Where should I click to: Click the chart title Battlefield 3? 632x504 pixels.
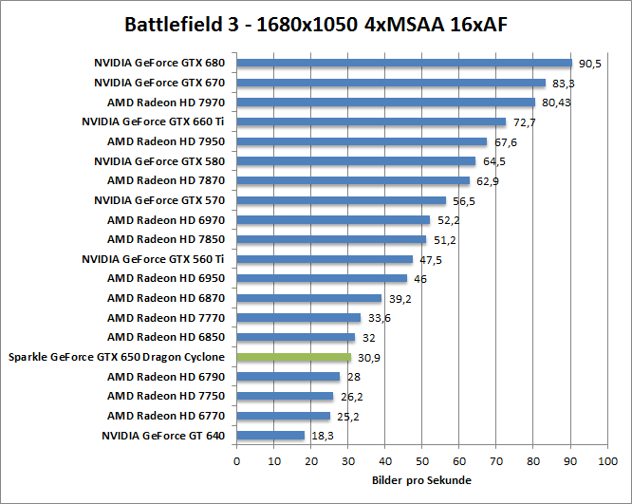click(x=316, y=23)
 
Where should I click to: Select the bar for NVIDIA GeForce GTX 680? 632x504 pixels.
click(x=404, y=64)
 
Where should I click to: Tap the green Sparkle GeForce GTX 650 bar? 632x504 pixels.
click(x=294, y=357)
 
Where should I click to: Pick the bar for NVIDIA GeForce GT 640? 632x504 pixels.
click(x=270, y=436)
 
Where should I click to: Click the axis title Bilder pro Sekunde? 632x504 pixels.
click(x=421, y=480)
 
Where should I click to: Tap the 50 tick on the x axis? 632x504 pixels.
click(x=422, y=460)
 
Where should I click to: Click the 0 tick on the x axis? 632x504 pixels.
click(x=236, y=460)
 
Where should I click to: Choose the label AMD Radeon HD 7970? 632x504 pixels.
click(x=166, y=103)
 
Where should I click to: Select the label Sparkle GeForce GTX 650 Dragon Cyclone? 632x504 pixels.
click(x=117, y=357)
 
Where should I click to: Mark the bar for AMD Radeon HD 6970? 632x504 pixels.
click(x=333, y=220)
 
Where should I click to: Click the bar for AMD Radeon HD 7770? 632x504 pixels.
click(x=299, y=318)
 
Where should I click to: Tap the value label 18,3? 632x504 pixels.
click(x=323, y=436)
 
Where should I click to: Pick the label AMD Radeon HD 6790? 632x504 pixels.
click(x=166, y=377)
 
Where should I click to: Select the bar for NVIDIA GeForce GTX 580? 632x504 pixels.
click(x=356, y=161)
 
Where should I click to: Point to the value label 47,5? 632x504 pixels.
click(x=432, y=259)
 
